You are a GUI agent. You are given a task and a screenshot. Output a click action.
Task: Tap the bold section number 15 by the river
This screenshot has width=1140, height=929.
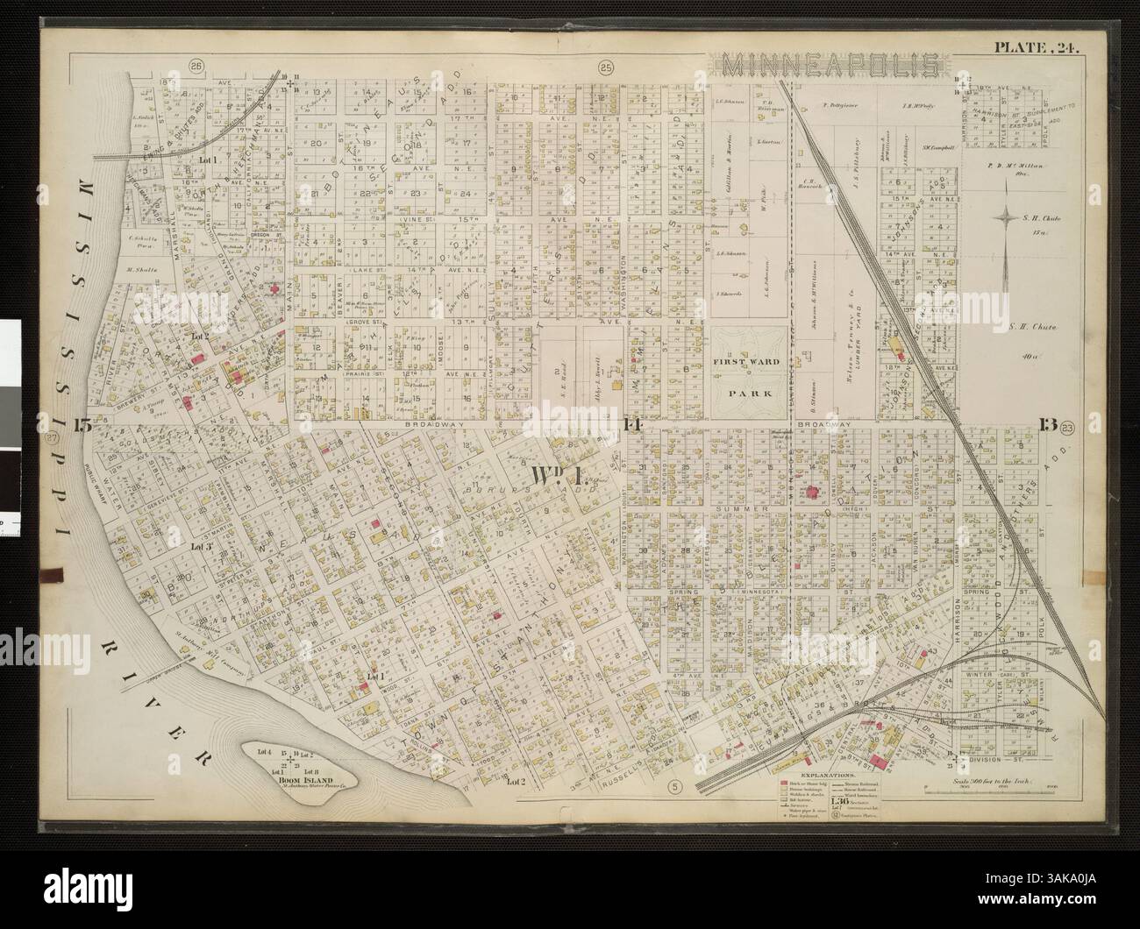coord(83,426)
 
